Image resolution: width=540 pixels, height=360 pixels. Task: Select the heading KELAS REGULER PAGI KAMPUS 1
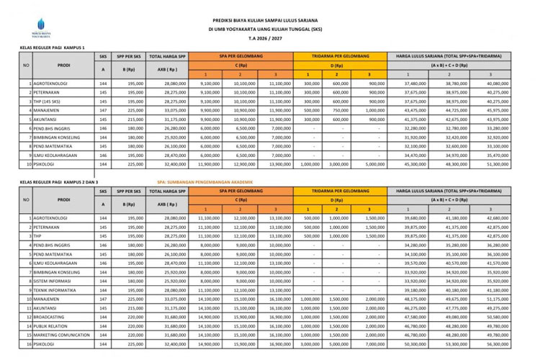coord(54,47)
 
